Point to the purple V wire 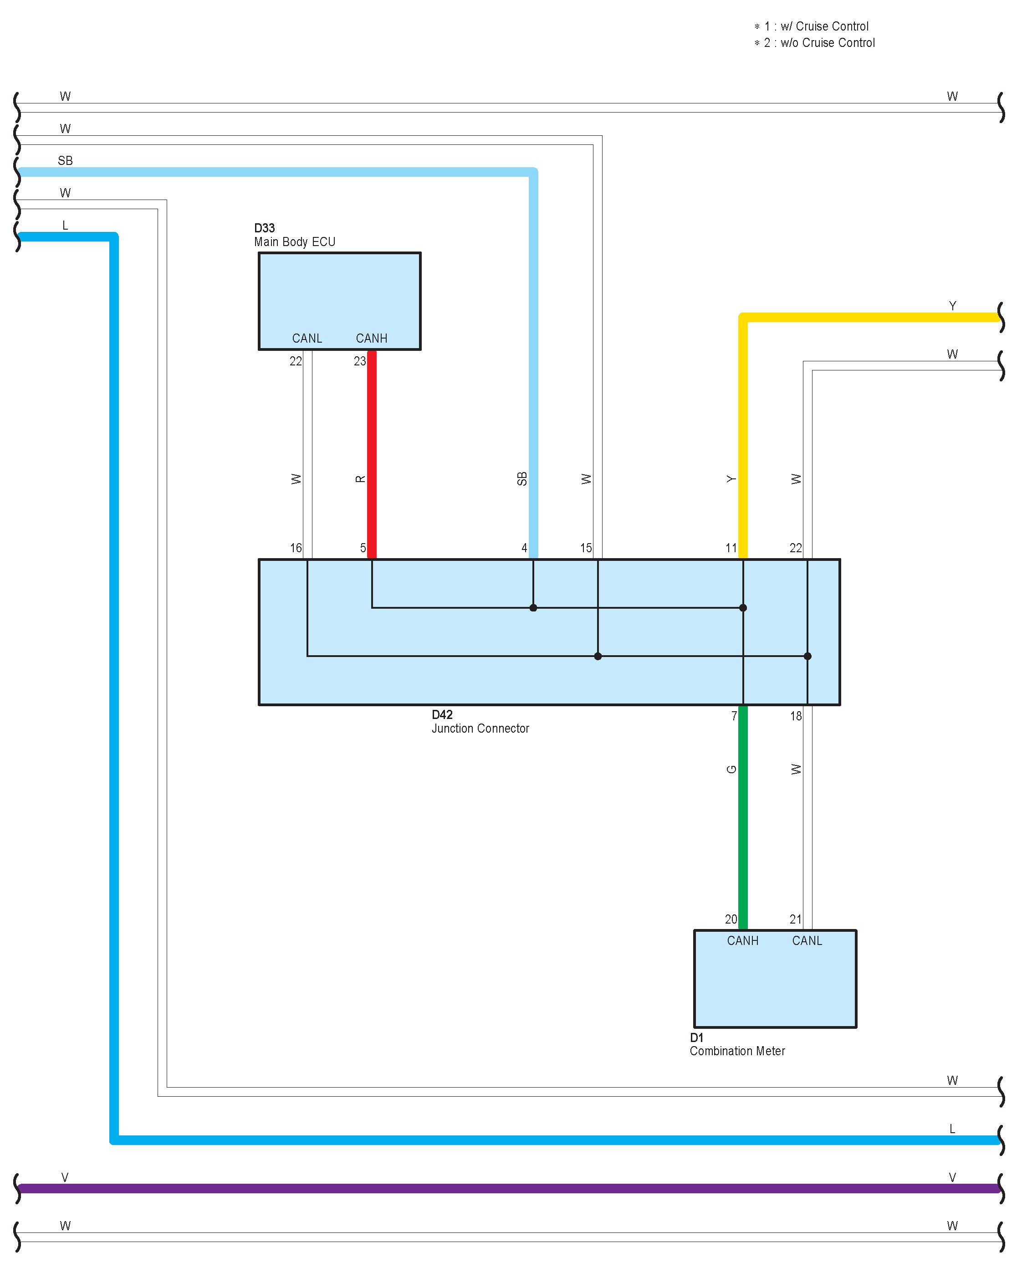(506, 1188)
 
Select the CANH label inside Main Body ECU (372, 339)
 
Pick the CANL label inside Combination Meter (807, 941)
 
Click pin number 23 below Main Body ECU (360, 361)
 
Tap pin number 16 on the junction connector (296, 548)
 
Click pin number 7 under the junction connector (734, 716)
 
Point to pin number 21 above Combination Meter (795, 919)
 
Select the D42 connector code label (442, 715)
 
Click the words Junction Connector (480, 729)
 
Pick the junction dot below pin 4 (533, 608)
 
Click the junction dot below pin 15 (598, 656)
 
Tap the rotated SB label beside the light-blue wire (521, 479)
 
